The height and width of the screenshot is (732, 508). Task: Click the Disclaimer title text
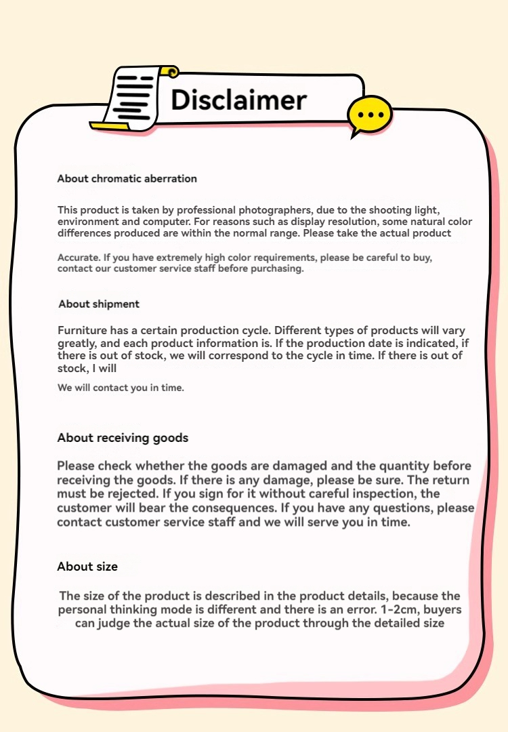pos(238,100)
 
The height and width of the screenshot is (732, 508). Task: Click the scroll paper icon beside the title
pos(135,97)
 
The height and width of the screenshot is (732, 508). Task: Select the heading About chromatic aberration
pos(127,179)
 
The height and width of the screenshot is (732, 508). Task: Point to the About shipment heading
pos(99,304)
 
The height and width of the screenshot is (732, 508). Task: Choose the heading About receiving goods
pos(123,438)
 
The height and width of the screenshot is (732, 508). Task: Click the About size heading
pos(87,567)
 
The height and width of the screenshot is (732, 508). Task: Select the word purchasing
pos(278,268)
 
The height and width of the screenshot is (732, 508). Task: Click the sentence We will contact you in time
pos(121,388)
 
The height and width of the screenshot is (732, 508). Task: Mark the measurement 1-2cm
pos(364,609)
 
